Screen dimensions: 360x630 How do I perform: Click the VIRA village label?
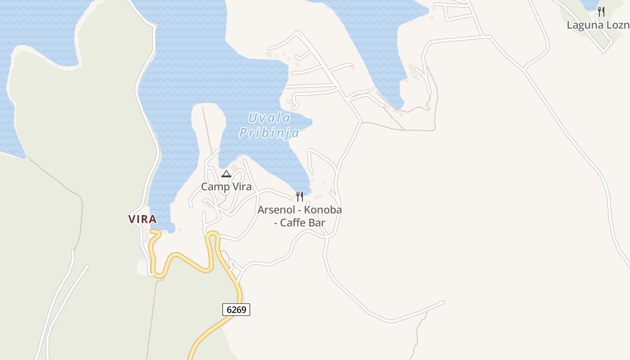142,219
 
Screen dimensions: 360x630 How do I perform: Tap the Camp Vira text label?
226,187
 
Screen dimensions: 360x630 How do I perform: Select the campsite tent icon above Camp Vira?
226,174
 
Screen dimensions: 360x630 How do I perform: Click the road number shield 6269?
236,310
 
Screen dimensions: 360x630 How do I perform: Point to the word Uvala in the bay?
270,118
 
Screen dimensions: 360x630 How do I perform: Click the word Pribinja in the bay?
269,133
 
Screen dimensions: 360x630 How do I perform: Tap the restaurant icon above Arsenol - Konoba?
300,197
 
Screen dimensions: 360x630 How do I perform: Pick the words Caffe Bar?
302,223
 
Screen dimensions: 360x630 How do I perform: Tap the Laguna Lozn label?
598,25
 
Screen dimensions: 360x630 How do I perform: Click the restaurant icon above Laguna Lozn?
601,12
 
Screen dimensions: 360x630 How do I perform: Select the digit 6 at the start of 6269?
229,310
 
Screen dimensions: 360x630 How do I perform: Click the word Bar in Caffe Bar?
316,223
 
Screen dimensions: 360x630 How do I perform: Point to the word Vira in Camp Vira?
241,187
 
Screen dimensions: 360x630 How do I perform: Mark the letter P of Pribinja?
243,133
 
